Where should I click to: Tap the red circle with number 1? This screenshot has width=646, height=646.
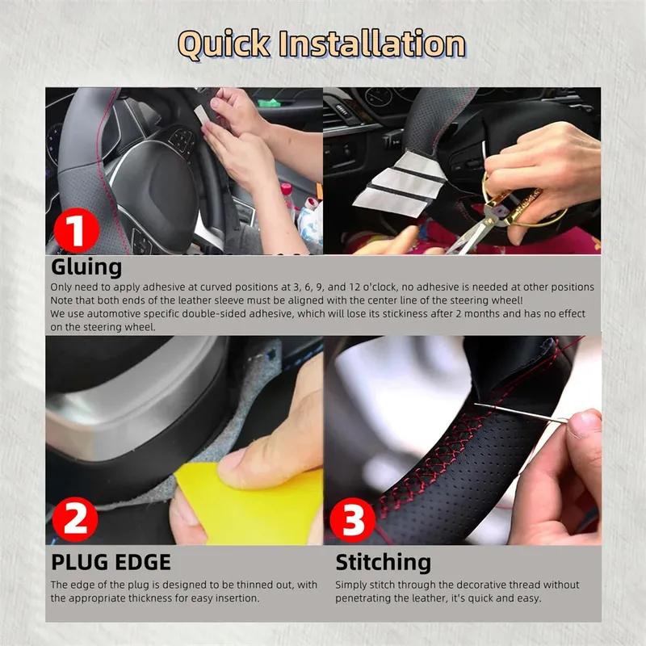click(x=75, y=229)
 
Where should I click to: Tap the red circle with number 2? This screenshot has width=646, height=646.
click(x=75, y=518)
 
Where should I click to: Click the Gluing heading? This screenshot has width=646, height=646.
click(x=86, y=267)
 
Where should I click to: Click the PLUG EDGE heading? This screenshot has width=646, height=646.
click(x=111, y=562)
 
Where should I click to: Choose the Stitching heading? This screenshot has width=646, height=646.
click(x=384, y=562)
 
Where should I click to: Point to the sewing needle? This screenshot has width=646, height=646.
click(x=517, y=412)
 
